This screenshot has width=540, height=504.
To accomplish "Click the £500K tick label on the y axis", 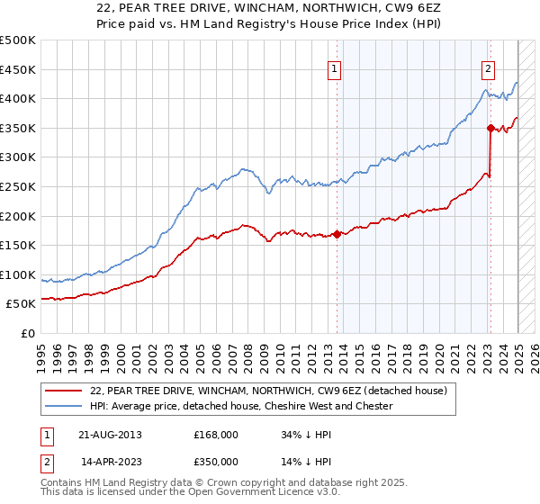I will [18, 40].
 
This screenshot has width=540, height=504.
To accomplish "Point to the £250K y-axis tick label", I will [18, 186].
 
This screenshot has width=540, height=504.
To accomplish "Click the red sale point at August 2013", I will [337, 235].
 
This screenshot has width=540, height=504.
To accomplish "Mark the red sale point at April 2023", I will [490, 129].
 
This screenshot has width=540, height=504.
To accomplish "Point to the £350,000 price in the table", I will [216, 461].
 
